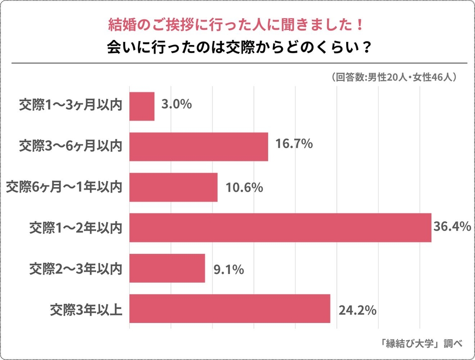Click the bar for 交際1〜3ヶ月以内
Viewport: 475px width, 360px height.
pos(142,106)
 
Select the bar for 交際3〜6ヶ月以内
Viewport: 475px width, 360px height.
pos(199,147)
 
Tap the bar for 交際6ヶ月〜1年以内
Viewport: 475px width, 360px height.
pos(173,187)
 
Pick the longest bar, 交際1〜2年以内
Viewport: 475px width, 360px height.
pos(280,228)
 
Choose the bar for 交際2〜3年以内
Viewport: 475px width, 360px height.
pos(167,268)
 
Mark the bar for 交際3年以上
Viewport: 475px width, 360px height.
pos(230,308)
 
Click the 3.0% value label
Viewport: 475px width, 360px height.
pos(176,105)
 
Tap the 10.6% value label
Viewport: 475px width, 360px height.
pos(244,188)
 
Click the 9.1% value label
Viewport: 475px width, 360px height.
pos(229,270)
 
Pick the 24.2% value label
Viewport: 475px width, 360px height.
pos(357,310)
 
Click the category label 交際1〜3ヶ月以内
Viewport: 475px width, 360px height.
pos(70,106)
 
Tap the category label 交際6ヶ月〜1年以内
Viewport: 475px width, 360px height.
pos(63,187)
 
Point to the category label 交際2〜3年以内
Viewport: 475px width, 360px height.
pos(75,268)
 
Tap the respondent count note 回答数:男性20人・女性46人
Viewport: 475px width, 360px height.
pos(394,77)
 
